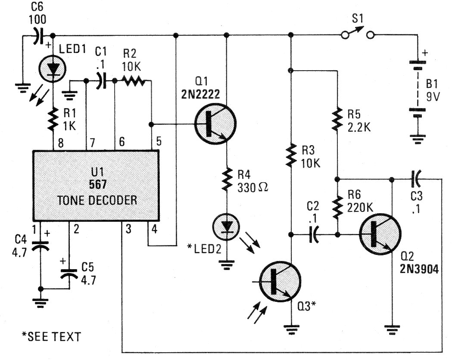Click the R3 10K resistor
292,156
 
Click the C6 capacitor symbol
39,35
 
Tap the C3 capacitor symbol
416,177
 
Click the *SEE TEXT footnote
51,335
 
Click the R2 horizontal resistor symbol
133,81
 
